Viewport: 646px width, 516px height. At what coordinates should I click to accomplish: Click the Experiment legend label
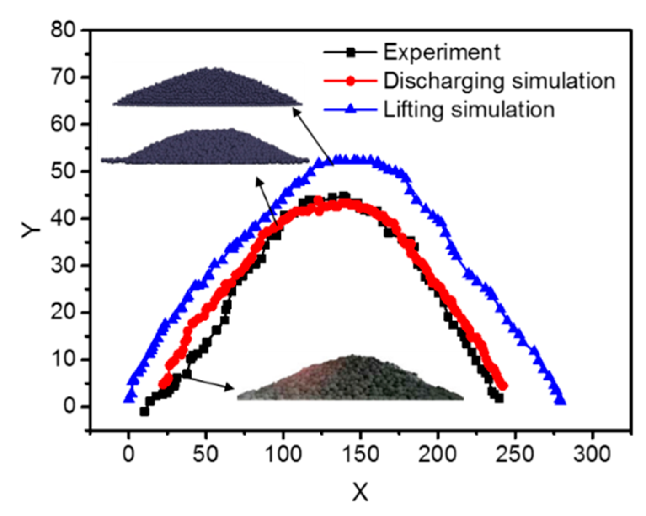pyautogui.click(x=441, y=53)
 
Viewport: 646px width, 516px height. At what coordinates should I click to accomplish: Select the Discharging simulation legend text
pyautogui.click(x=499, y=81)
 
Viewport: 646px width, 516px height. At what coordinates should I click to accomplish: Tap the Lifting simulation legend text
pyautogui.click(x=469, y=109)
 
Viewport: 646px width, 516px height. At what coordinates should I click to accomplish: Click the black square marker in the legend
pyautogui.click(x=350, y=53)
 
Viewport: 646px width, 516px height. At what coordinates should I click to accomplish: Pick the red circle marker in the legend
pyautogui.click(x=350, y=81)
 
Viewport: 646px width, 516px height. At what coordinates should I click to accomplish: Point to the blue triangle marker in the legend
pyautogui.click(x=350, y=109)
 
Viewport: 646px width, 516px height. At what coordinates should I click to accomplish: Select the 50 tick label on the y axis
pyautogui.click(x=63, y=171)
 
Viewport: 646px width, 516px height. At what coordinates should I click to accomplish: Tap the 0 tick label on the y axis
pyautogui.click(x=69, y=407)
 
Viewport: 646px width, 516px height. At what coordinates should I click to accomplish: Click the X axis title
pyautogui.click(x=360, y=492)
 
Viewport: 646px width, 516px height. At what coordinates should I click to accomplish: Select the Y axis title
pyautogui.click(x=32, y=229)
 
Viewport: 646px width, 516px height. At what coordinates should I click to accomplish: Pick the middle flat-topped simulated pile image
pyautogui.click(x=205, y=147)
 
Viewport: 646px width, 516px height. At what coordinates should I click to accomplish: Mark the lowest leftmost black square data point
pyautogui.click(x=144, y=411)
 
